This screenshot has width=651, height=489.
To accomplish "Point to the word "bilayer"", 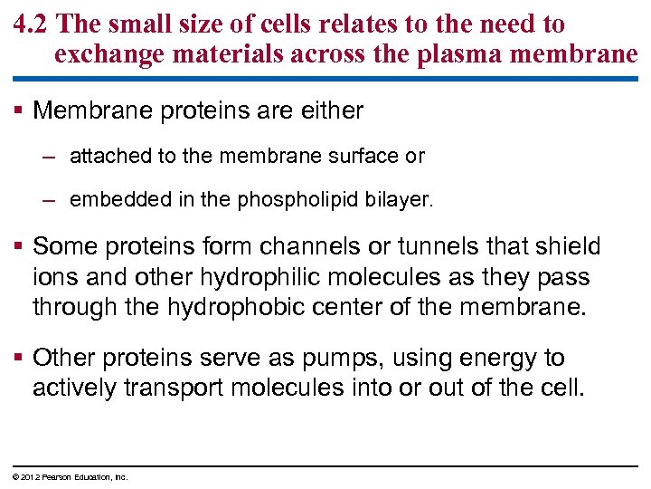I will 397,199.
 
